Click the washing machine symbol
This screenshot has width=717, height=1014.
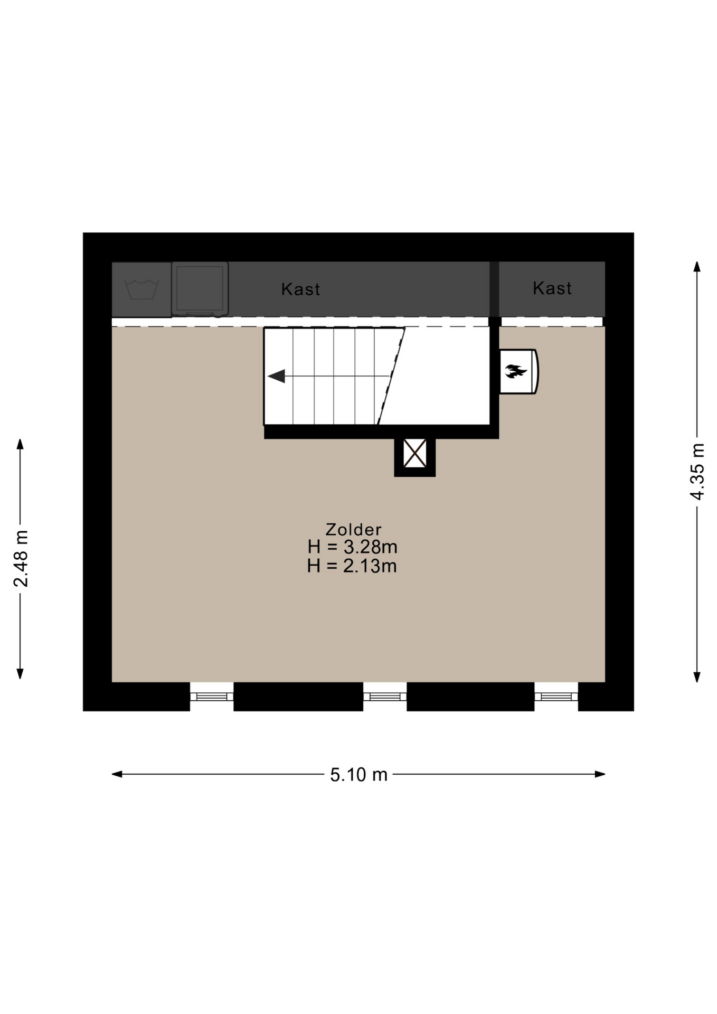click(141, 289)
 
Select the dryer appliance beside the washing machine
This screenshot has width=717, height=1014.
click(200, 289)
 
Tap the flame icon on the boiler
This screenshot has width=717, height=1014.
click(515, 371)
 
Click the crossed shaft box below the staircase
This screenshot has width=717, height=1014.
click(415, 453)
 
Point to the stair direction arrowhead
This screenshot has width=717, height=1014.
click(277, 376)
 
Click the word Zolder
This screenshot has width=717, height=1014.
click(353, 529)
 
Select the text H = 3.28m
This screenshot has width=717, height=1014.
click(352, 547)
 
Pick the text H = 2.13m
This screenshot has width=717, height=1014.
click(352, 566)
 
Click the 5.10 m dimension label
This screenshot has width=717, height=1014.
click(359, 775)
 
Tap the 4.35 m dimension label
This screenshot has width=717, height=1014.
click(697, 471)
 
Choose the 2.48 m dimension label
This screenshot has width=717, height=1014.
click(21, 558)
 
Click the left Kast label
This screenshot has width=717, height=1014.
click(300, 289)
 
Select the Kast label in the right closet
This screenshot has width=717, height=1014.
click(552, 288)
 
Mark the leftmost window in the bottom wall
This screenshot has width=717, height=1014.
click(212, 697)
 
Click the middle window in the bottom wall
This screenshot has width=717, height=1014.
click(385, 697)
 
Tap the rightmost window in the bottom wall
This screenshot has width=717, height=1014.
click(556, 697)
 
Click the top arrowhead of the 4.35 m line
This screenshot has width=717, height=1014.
click(697, 266)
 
